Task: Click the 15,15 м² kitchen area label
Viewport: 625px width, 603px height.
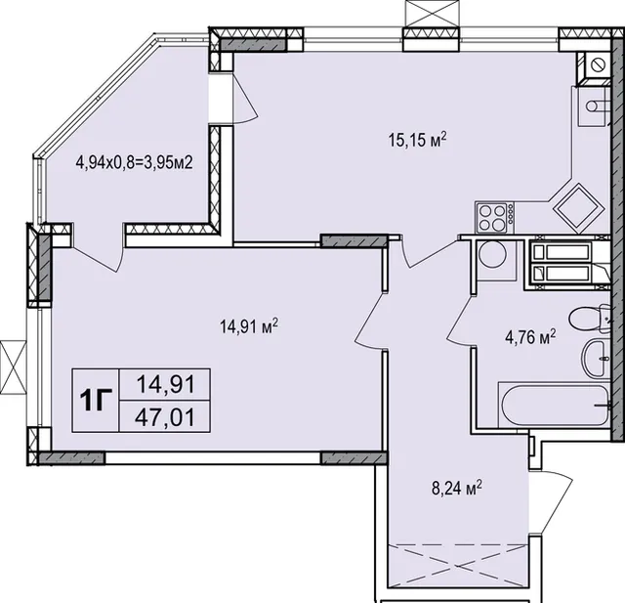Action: click(x=417, y=141)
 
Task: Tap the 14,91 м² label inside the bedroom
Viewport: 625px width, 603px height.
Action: click(x=249, y=327)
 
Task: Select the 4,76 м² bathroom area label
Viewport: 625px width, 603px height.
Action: click(x=530, y=338)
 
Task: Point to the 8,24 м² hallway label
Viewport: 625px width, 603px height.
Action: click(x=457, y=488)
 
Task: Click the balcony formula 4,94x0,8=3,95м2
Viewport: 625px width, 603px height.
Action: click(x=135, y=162)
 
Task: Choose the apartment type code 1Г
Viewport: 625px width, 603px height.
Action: click(x=95, y=401)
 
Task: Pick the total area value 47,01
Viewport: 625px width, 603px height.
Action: click(x=165, y=417)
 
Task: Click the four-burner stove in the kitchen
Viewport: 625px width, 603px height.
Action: click(x=494, y=217)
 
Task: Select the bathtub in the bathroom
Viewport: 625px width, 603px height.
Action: click(x=554, y=405)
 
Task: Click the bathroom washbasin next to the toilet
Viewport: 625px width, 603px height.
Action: click(x=596, y=359)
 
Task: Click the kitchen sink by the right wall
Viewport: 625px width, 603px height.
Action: click(x=593, y=107)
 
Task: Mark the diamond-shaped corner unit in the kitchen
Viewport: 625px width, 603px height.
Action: click(x=578, y=208)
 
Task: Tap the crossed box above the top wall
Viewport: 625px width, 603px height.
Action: click(x=432, y=14)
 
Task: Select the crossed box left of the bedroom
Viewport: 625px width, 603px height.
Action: click(x=14, y=366)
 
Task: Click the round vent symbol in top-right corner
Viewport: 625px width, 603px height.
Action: click(x=597, y=65)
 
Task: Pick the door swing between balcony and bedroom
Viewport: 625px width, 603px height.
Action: click(x=97, y=259)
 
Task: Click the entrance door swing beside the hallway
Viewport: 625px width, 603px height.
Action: click(x=551, y=500)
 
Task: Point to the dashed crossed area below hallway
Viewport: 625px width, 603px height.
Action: click(x=458, y=566)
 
